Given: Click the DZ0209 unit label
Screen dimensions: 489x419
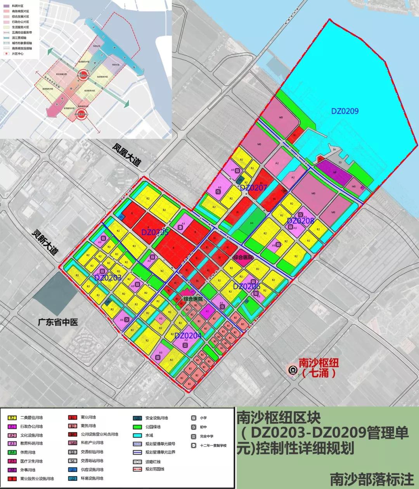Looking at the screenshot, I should coord(345,111).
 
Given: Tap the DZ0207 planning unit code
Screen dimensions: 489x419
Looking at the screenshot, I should coord(253,188).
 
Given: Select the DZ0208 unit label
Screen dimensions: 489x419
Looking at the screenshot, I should coord(300,221).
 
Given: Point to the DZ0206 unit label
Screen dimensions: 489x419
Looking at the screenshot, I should coord(246,286).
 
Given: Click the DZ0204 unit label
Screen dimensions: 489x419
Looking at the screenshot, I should coord(188,336).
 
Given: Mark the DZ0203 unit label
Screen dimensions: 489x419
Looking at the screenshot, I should coord(107,277).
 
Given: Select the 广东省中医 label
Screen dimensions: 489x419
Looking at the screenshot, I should coord(58,322).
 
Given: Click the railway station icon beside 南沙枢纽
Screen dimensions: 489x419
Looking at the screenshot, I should coord(292,370).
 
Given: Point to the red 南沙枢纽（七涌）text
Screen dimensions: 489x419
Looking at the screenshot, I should coord(319,368).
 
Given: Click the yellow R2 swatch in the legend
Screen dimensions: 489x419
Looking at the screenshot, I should coord(12,418).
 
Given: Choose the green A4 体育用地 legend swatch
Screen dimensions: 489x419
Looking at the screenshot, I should coord(12,452).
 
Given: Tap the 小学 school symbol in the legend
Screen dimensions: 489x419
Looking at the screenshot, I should coord(193,418).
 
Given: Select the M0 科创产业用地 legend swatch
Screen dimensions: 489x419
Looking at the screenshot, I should coord(73,443).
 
